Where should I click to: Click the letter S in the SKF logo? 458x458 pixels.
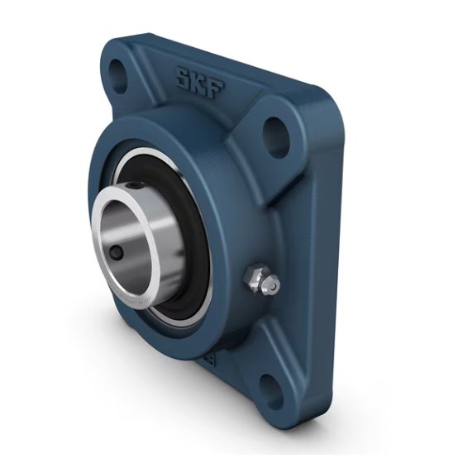click(x=180, y=79)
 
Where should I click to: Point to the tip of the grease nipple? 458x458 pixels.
click(x=272, y=285)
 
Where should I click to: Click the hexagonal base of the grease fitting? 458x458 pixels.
click(x=254, y=279)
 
